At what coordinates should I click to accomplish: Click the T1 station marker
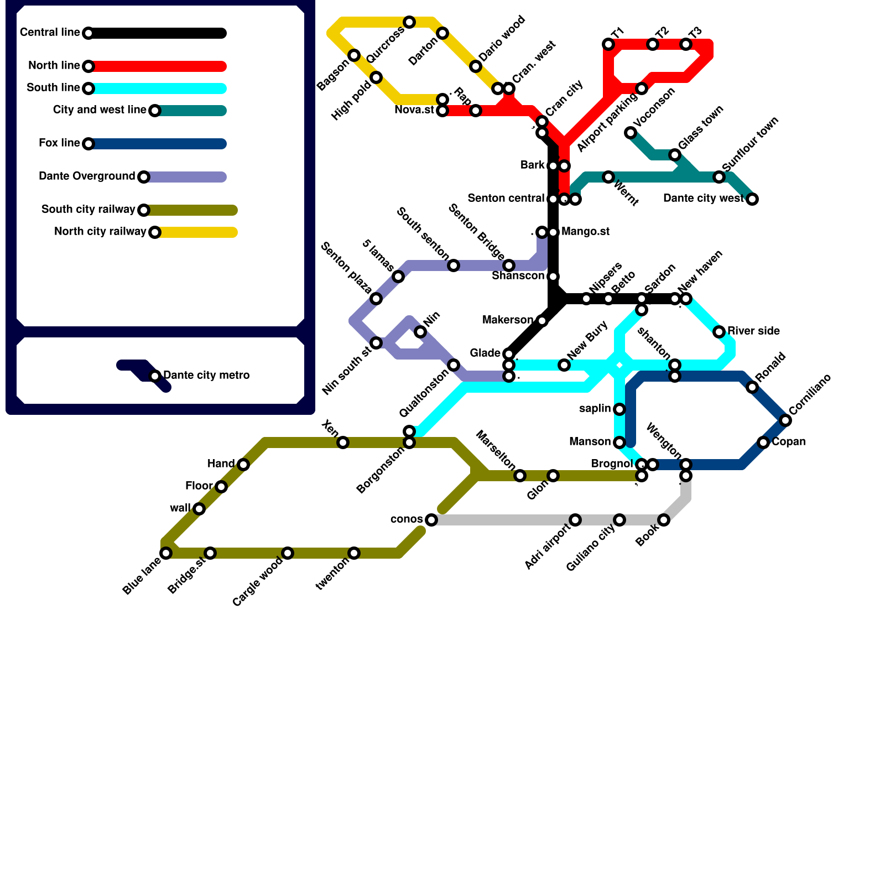pyautogui.click(x=608, y=44)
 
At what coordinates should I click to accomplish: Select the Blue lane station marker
pyautogui.click(x=166, y=553)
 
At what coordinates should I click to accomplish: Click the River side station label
pyautogui.click(x=753, y=331)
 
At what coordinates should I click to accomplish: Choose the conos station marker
pyautogui.click(x=431, y=520)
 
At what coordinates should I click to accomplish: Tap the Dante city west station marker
pyautogui.click(x=752, y=199)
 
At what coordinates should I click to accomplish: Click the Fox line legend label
pyautogui.click(x=59, y=143)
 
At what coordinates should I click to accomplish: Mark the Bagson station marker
pyautogui.click(x=354, y=55)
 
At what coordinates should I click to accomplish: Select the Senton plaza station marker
pyautogui.click(x=376, y=299)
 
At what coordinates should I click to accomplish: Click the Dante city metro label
pyautogui.click(x=206, y=376)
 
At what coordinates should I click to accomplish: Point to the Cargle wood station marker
pyautogui.click(x=288, y=553)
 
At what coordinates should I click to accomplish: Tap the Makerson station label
pyautogui.click(x=507, y=320)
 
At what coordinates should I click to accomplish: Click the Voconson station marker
pyautogui.click(x=631, y=133)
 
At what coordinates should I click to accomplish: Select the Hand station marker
pyautogui.click(x=243, y=465)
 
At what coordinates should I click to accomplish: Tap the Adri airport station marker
pyautogui.click(x=575, y=520)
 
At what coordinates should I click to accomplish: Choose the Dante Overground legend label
pyautogui.click(x=87, y=176)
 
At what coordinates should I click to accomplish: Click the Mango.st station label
pyautogui.click(x=585, y=232)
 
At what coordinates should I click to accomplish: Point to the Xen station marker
pyautogui.click(x=343, y=442)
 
